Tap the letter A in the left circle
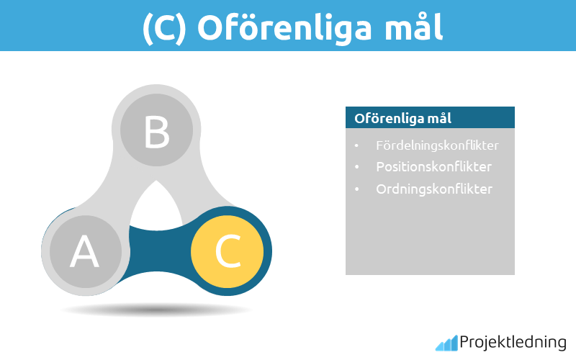pos(84,252)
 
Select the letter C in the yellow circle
pos(228,251)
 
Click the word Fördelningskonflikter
pos(437,145)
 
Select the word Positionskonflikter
pos(433,167)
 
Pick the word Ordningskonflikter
pos(434,189)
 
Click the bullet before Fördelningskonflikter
pos(356,146)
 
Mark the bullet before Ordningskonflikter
pos(356,190)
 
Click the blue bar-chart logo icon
pos(446,343)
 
